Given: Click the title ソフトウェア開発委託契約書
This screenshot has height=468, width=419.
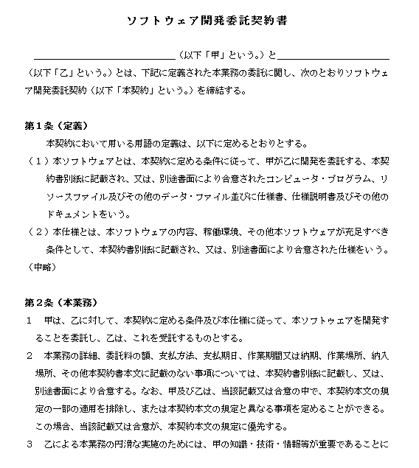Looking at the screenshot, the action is tap(208, 21).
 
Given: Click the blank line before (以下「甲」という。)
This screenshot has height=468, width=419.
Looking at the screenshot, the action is tap(103, 56).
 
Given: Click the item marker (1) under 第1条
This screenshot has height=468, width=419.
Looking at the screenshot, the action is tap(36, 161).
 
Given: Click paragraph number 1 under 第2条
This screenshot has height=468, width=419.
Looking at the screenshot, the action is tap(29, 321).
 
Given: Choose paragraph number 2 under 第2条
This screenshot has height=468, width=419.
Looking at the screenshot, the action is tap(29, 356).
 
